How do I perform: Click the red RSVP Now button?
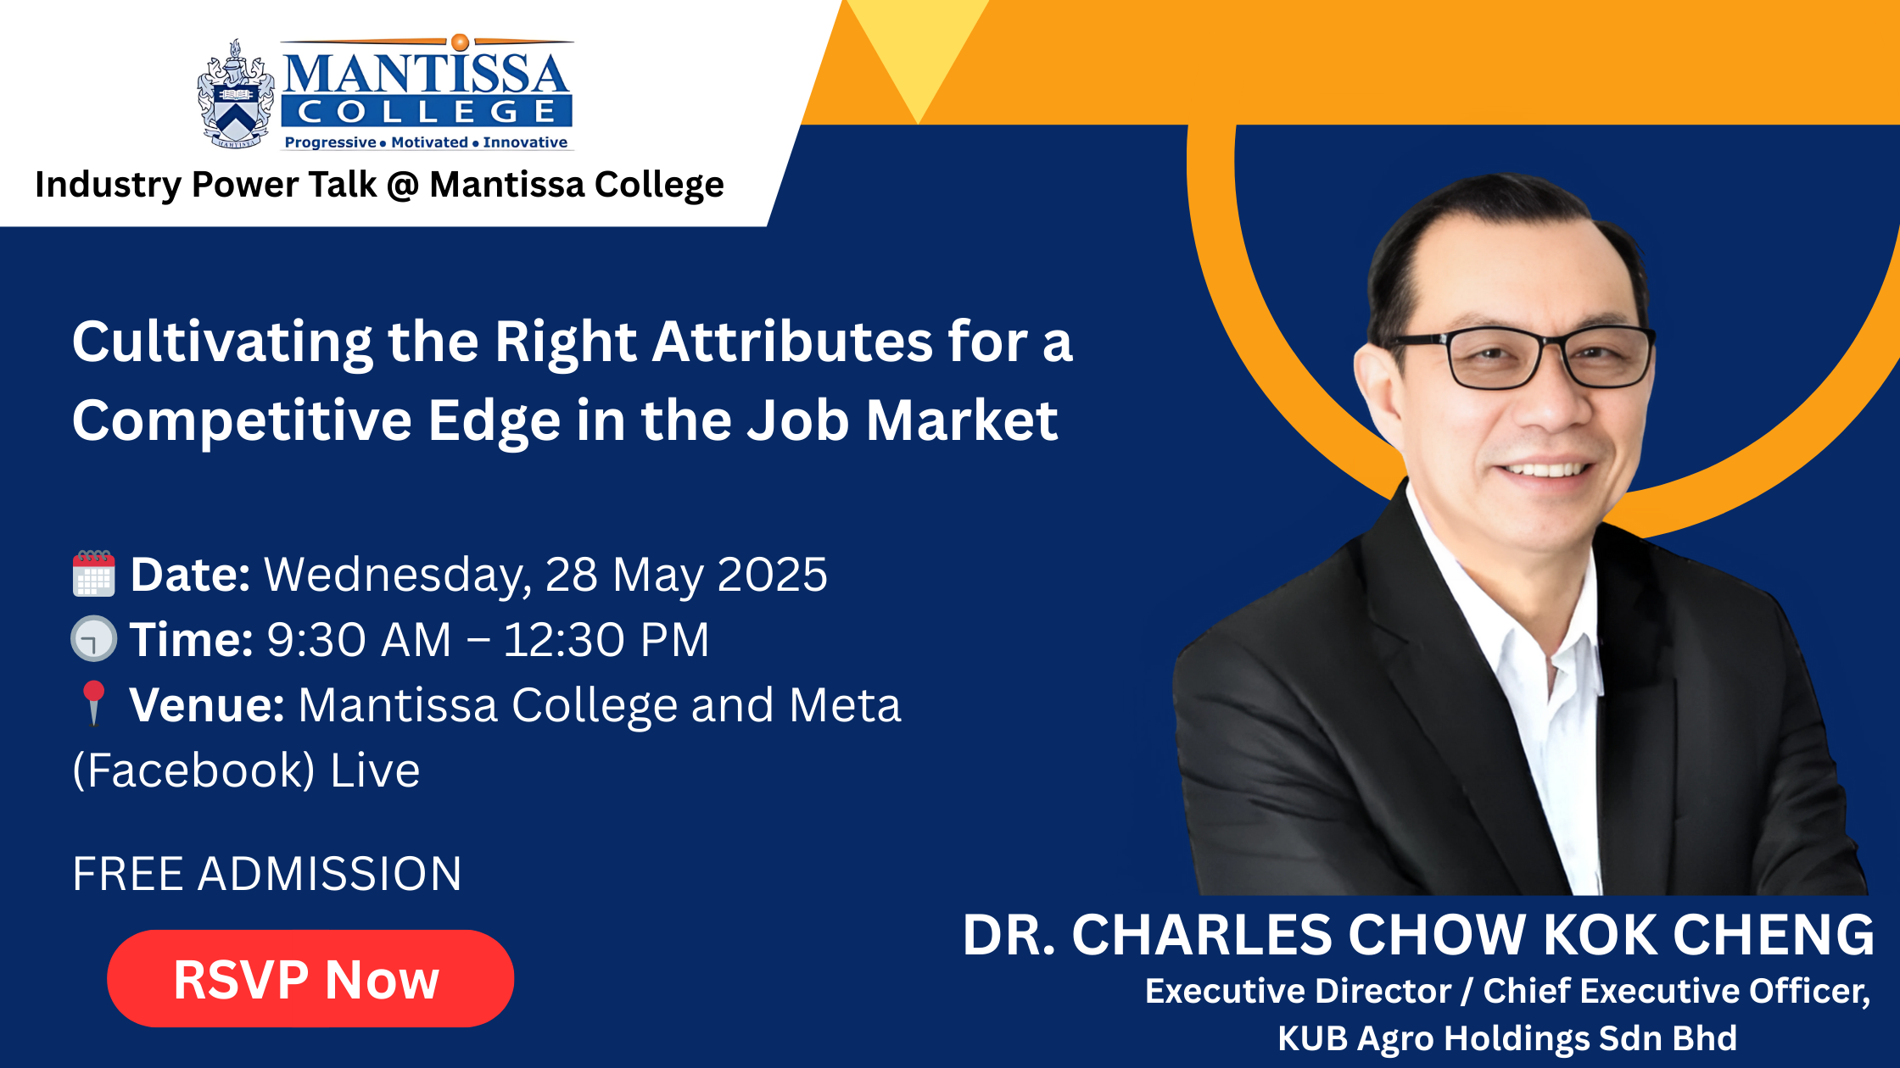pyautogui.click(x=310, y=978)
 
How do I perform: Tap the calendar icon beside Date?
pyautogui.click(x=93, y=574)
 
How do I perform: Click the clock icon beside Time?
pyautogui.click(x=93, y=638)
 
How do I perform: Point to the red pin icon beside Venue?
pyautogui.click(x=93, y=704)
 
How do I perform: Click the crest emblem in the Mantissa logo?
pyautogui.click(x=236, y=94)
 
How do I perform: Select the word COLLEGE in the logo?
pyautogui.click(x=427, y=111)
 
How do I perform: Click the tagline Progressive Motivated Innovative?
pyautogui.click(x=426, y=142)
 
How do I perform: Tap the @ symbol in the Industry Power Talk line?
pyautogui.click(x=403, y=185)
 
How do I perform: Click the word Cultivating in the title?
pyautogui.click(x=222, y=343)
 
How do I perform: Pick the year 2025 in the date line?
pyautogui.click(x=772, y=575)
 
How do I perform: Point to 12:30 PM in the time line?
pyautogui.click(x=606, y=639)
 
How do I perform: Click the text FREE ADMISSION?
pyautogui.click(x=267, y=874)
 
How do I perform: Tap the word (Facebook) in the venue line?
pyautogui.click(x=193, y=770)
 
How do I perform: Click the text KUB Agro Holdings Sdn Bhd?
pyautogui.click(x=1507, y=1038)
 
